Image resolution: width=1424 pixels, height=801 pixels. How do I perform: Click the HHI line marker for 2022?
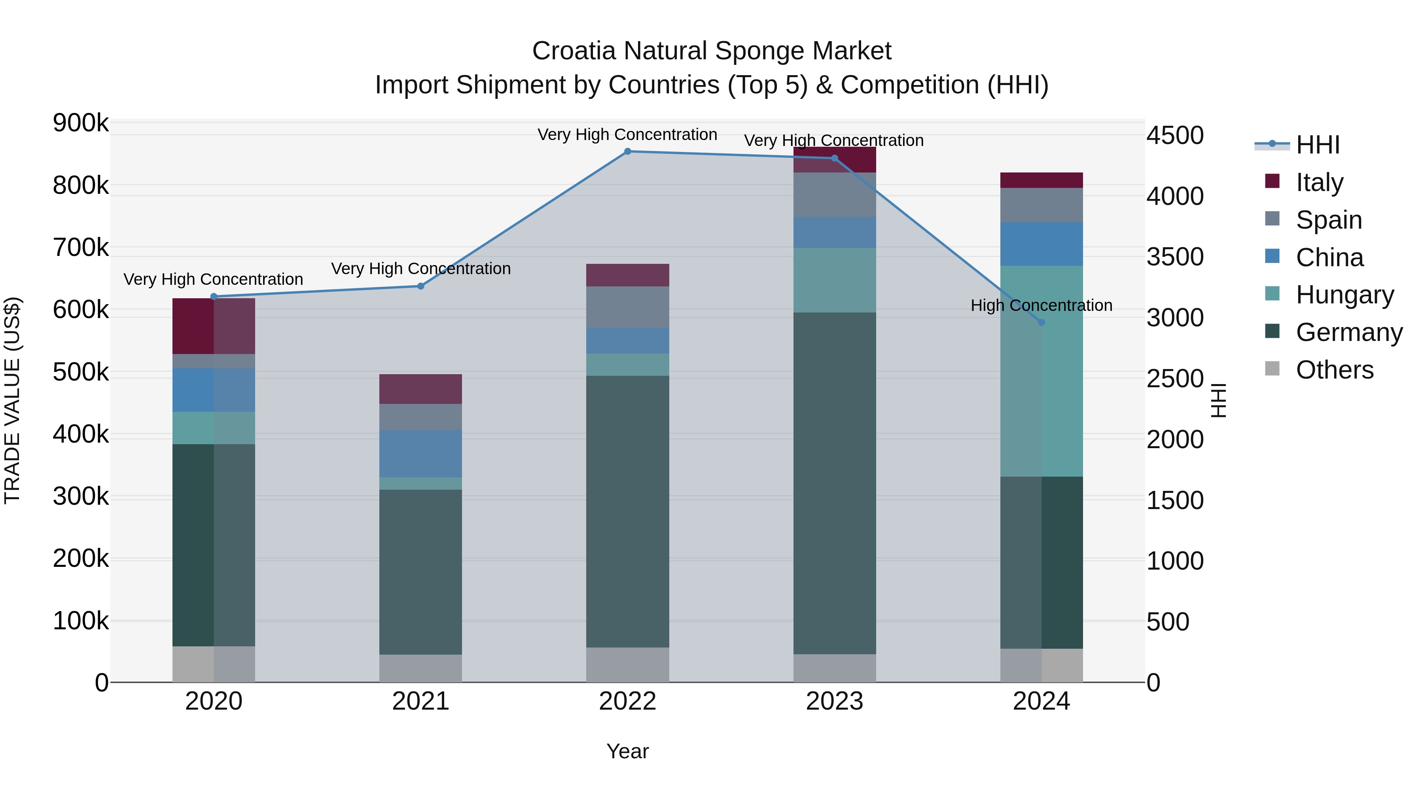[627, 151]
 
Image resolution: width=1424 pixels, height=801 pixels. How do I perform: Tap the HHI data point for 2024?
[1041, 322]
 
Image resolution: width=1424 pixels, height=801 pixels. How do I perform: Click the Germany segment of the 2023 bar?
[835, 484]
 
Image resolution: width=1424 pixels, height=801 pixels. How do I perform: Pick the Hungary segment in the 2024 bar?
[1041, 371]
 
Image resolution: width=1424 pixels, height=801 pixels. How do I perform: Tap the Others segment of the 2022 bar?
[627, 665]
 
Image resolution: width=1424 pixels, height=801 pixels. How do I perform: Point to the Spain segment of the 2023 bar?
[835, 195]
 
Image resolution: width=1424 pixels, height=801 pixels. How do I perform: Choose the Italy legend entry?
[1319, 182]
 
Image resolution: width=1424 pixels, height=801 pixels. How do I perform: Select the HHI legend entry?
[1317, 145]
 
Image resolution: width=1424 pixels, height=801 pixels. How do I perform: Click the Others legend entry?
[1334, 370]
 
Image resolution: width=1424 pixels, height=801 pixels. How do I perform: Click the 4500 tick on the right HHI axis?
[1175, 135]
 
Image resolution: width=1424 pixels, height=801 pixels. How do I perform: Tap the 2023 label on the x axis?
[835, 701]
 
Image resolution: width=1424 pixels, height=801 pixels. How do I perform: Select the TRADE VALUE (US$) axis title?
[13, 400]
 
